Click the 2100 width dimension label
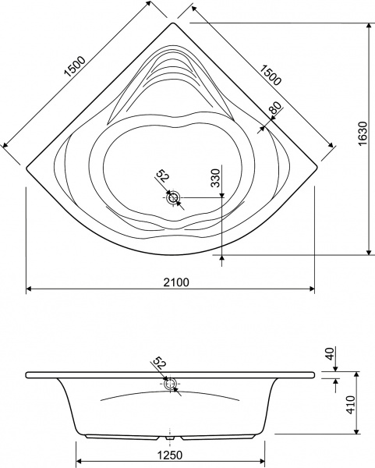[x=176, y=282]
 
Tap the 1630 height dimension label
[x=363, y=133]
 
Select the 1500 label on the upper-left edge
[x=75, y=66]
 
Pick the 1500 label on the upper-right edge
[x=270, y=75]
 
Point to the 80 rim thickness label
[x=276, y=108]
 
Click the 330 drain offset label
[x=215, y=178]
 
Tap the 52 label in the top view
[x=163, y=175]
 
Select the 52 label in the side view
[x=159, y=363]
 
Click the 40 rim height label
[x=331, y=353]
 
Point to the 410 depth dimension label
[x=352, y=405]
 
